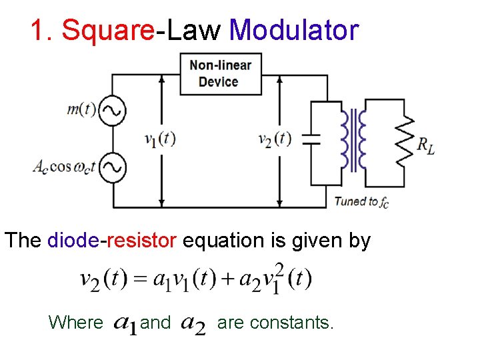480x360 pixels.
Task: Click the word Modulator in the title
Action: tap(293, 31)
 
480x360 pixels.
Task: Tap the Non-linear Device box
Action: tap(221, 73)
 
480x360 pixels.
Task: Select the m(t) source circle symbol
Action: tap(113, 111)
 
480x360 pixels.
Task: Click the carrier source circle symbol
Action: tap(113, 167)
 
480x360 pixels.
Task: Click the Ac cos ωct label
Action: tap(64, 167)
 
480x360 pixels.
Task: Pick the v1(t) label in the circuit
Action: tap(160, 139)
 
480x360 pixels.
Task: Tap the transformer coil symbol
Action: tap(353, 140)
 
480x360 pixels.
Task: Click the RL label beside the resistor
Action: tap(426, 145)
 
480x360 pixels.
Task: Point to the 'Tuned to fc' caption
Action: tap(361, 201)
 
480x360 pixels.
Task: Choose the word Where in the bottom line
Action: tap(76, 323)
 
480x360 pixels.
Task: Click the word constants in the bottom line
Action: tap(297, 323)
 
